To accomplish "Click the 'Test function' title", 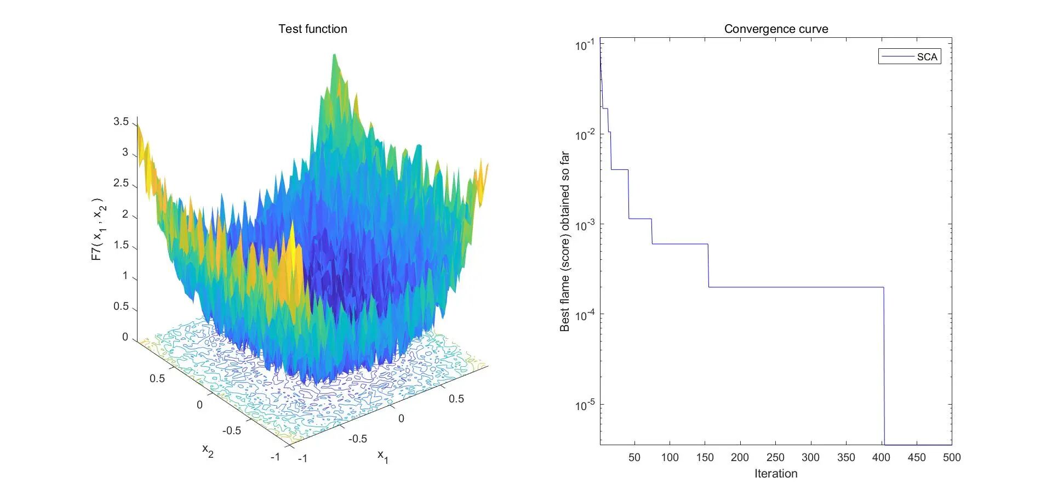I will tap(312, 29).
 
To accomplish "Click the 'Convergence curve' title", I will tap(776, 29).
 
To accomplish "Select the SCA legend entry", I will tap(910, 57).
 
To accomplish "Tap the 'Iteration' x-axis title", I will tap(776, 474).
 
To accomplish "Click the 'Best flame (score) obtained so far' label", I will tap(565, 242).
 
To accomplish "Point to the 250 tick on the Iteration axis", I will tap(775, 458).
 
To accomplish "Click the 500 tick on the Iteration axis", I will tap(952, 458).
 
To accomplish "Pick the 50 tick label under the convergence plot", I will tap(634, 458).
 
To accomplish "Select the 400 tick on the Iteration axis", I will tap(881, 458).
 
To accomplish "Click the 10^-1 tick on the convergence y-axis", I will tap(585, 45).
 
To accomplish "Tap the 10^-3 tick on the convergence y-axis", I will tap(585, 225).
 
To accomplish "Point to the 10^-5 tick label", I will tap(585, 405).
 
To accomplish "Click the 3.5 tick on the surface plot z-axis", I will tap(121, 122).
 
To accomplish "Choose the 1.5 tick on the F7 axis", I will tap(121, 245).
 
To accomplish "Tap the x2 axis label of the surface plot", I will tap(208, 451).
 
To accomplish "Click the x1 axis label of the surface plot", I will tap(383, 456).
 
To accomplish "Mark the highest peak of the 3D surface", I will tap(334, 55).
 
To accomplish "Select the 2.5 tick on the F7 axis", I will tap(121, 183).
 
